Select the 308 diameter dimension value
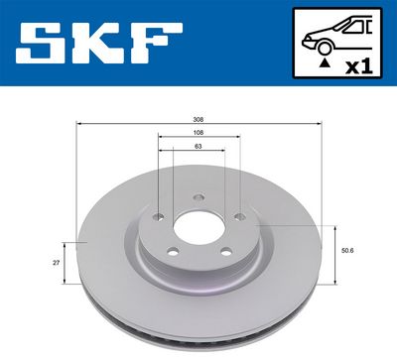[x=198, y=119]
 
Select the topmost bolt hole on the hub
[x=198, y=195]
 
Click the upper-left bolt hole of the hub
[x=158, y=211]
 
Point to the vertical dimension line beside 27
[x=66, y=264]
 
